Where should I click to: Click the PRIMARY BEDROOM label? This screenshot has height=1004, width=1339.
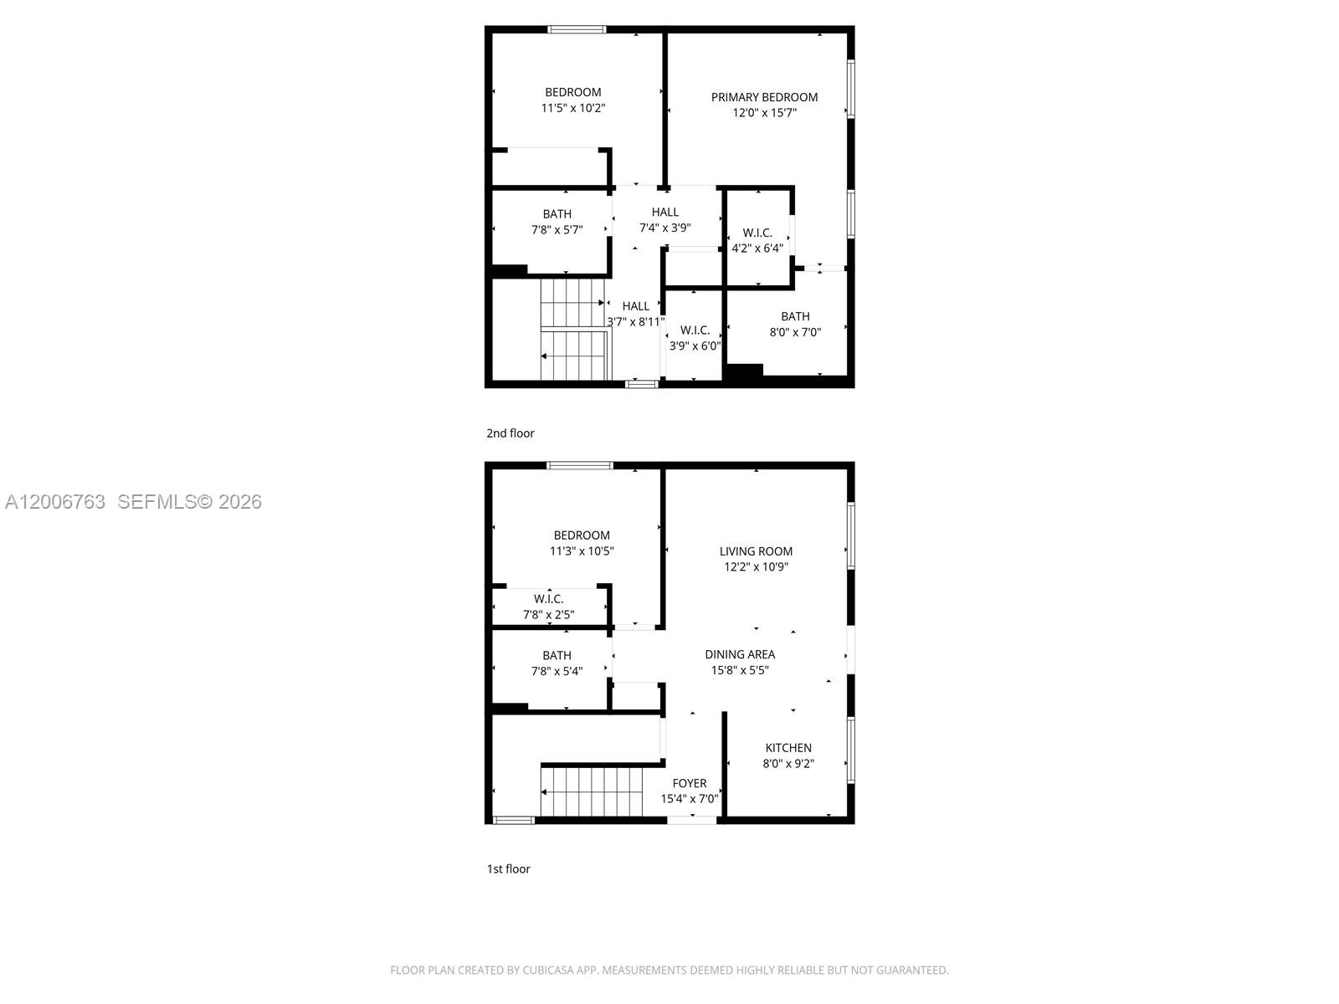pos(764,97)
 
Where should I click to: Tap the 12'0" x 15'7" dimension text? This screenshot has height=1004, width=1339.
pos(764,113)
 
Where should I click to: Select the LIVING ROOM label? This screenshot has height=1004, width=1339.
pos(755,551)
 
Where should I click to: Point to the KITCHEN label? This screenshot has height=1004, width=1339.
pos(788,747)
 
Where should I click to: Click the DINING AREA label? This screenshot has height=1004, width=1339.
pos(739,654)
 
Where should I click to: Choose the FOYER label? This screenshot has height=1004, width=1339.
pos(690,783)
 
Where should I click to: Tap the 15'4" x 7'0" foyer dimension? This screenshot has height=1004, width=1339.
pos(690,798)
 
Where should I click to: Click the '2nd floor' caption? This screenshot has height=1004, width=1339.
pos(510,433)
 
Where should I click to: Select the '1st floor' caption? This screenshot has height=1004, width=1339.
pos(508,868)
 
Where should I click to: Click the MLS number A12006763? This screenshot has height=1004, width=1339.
pos(55,502)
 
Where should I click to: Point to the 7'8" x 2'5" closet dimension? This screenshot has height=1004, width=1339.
pos(548,614)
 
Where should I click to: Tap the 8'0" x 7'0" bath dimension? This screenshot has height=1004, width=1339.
pos(795,332)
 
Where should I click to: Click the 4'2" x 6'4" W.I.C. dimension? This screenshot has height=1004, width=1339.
pos(757,248)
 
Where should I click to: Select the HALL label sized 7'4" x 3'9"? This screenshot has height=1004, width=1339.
pos(664,213)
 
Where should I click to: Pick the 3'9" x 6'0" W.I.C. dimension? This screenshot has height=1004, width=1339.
pos(695,346)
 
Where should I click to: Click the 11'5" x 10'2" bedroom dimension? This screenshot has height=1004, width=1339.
pos(572,108)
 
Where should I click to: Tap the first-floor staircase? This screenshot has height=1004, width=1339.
pos(591,791)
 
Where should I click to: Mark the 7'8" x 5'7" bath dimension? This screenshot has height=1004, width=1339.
pos(557,230)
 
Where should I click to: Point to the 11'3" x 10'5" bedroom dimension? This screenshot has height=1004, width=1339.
pos(582,551)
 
